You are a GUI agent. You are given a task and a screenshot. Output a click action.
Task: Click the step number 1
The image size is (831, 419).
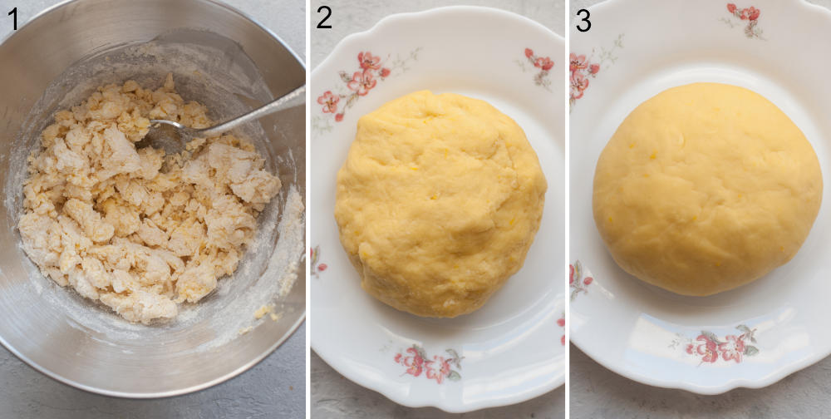[12, 19]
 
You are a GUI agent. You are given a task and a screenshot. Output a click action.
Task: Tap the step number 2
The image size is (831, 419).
[323, 17]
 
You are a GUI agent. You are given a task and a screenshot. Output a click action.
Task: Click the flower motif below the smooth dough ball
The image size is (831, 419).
[720, 345]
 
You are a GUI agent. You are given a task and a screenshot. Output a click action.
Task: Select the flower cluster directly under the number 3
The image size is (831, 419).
[581, 75]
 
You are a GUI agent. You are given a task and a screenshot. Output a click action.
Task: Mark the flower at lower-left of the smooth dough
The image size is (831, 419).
[579, 279]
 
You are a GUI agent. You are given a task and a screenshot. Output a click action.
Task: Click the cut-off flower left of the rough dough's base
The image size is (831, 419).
[317, 262]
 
